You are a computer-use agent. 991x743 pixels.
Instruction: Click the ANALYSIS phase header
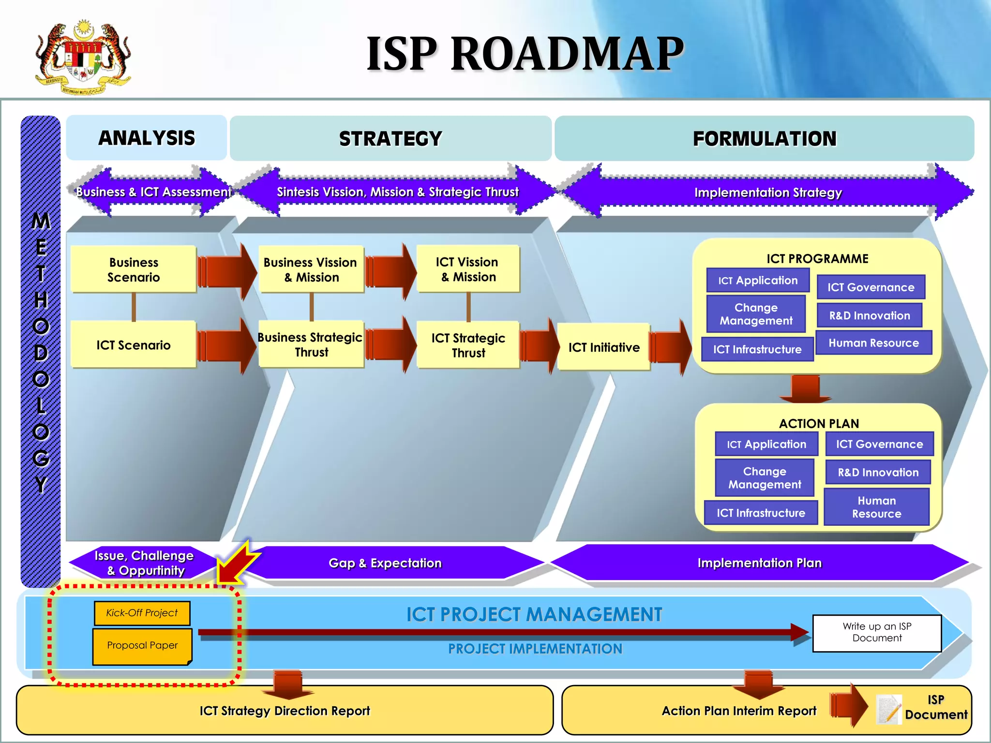(146, 138)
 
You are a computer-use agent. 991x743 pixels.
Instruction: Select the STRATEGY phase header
(390, 138)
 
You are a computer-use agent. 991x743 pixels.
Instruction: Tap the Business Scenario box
(134, 269)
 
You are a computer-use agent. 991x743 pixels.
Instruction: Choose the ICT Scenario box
(134, 345)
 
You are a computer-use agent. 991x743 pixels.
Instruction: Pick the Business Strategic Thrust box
(311, 344)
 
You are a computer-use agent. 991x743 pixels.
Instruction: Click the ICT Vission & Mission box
(468, 269)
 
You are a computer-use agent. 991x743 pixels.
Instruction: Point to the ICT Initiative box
(603, 347)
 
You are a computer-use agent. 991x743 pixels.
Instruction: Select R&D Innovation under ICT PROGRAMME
(870, 315)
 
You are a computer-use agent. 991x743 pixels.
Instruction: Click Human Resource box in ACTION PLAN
(876, 507)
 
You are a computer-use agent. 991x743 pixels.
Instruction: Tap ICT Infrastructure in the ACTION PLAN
(761, 513)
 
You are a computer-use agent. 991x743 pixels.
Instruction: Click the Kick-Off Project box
(142, 613)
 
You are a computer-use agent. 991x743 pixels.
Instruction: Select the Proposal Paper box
(142, 646)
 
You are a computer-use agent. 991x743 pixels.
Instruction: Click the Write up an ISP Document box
(877, 633)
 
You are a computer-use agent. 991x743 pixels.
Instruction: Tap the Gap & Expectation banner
(385, 563)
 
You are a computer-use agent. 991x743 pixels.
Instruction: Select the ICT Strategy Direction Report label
(285, 711)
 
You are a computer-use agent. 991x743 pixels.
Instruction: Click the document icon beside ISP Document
(889, 709)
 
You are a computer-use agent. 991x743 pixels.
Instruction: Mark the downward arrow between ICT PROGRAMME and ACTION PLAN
(805, 389)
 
